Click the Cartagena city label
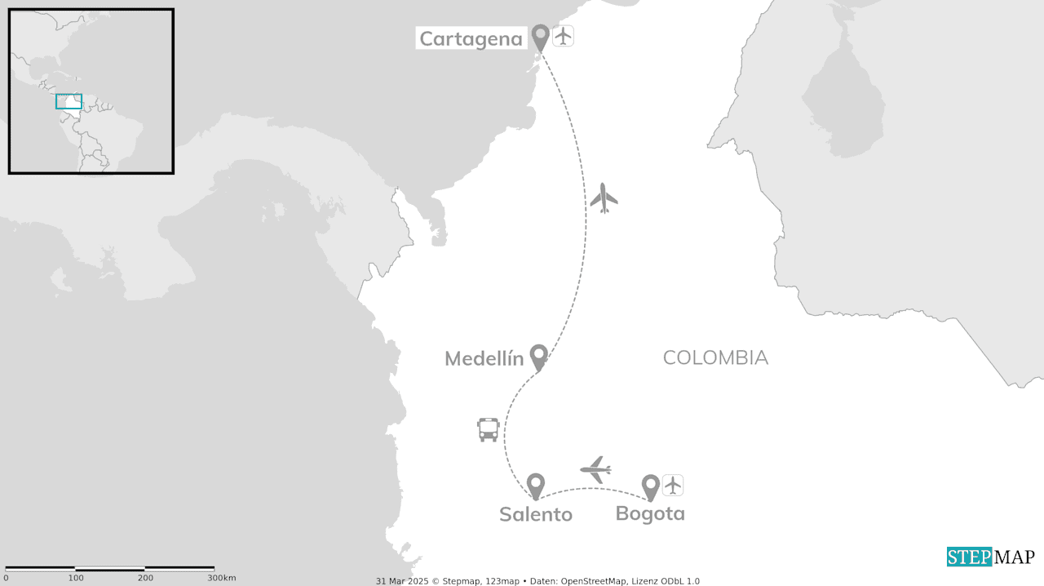pyautogui.click(x=471, y=38)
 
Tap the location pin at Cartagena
pyautogui.click(x=540, y=37)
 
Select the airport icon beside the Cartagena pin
pyautogui.click(x=563, y=36)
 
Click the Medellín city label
pyautogui.click(x=484, y=358)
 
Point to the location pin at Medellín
pyautogui.click(x=538, y=357)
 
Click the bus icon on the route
pyautogui.click(x=488, y=429)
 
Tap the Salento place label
pyautogui.click(x=535, y=514)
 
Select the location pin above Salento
pyautogui.click(x=535, y=486)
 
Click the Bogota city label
pyautogui.click(x=650, y=514)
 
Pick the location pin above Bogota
pyautogui.click(x=650, y=487)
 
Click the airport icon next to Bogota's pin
pyautogui.click(x=672, y=486)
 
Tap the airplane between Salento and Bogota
pyautogui.click(x=596, y=469)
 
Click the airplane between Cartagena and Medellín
pyautogui.click(x=604, y=198)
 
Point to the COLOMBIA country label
pyautogui.click(x=715, y=357)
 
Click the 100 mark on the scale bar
pyautogui.click(x=76, y=578)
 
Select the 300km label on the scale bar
pyautogui.click(x=221, y=578)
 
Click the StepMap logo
pyautogui.click(x=990, y=557)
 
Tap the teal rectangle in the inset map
pyautogui.click(x=69, y=101)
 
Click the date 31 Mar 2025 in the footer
pyautogui.click(x=402, y=581)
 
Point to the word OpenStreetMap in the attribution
pyautogui.click(x=594, y=581)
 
